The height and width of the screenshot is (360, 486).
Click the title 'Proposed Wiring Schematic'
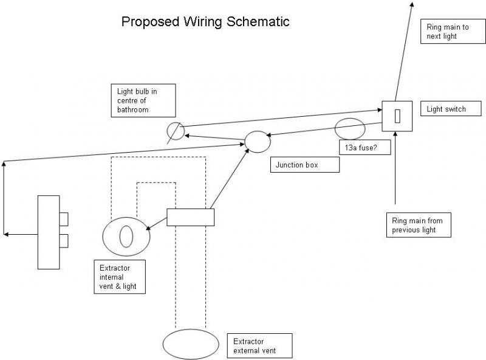coord(205,22)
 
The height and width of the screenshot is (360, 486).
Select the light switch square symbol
coord(397,116)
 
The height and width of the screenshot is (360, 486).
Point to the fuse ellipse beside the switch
coord(350,130)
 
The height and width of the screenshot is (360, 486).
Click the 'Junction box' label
coord(304,165)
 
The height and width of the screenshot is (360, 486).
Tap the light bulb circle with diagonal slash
coord(175,131)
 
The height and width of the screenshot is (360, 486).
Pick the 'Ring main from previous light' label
coord(419,226)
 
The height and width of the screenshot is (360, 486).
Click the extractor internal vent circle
coord(126,236)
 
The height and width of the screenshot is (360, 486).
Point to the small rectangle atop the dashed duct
coord(190,217)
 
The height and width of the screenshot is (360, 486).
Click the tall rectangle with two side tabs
coord(49,232)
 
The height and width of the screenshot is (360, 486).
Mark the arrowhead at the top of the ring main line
coord(411,4)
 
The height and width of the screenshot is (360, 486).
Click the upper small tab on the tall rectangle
coord(64,218)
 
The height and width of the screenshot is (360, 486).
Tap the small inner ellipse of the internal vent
coord(126,236)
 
